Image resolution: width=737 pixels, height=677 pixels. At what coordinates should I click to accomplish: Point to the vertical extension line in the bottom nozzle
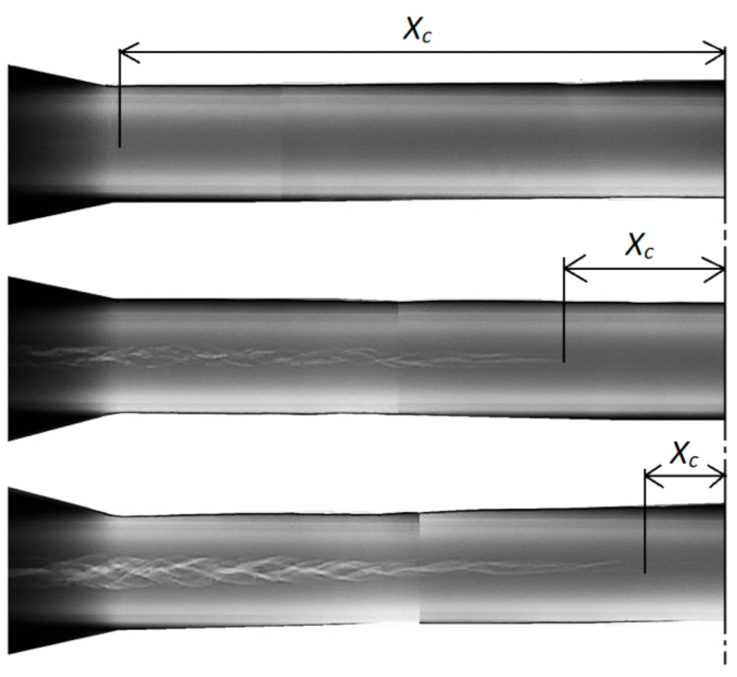644,530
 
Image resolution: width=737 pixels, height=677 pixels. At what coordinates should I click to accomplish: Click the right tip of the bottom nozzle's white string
617,563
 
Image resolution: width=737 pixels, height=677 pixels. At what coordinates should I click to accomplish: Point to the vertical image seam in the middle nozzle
398,357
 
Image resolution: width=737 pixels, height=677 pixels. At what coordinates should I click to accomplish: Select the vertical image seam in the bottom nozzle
420,569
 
